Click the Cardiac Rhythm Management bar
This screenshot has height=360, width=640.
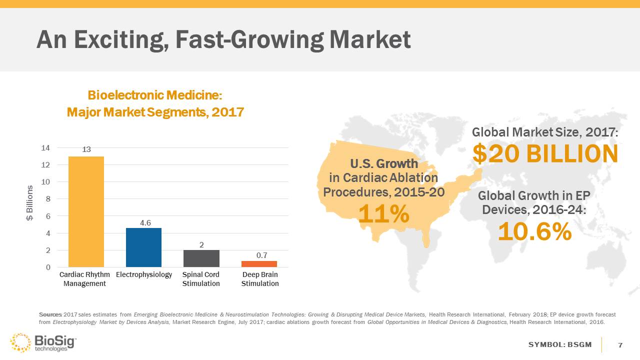pos(86,211)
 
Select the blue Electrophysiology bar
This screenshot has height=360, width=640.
pos(143,247)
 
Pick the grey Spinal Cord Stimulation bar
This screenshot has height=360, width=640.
pos(201,258)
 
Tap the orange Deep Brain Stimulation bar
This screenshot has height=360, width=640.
pos(259,264)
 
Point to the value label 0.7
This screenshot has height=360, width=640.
pos(261,255)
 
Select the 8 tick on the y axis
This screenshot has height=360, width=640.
pos(47,199)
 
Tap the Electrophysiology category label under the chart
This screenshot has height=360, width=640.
pos(144,275)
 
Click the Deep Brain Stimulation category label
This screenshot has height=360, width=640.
pos(260,279)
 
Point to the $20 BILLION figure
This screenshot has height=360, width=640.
pos(545,154)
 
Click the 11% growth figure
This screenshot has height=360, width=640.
pos(384,214)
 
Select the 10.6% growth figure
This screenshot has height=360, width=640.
pos(534,231)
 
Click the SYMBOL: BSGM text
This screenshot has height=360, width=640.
pos(560,345)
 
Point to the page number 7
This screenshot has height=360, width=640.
pos(620,345)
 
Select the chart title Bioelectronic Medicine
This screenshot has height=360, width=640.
pos(155,95)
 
